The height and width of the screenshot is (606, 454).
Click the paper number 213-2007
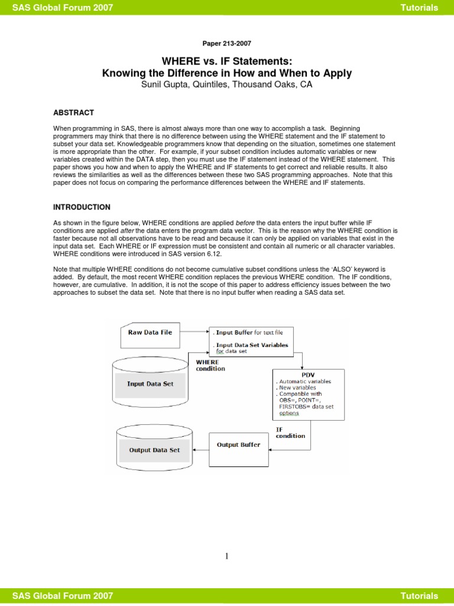pyautogui.click(x=226, y=43)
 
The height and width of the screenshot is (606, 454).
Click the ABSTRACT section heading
pyautogui.click(x=73, y=112)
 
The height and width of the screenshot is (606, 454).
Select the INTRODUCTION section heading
pyautogui.click(x=82, y=207)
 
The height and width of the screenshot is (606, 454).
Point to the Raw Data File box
pyautogui.click(x=150, y=332)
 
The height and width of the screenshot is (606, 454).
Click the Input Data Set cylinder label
pyautogui.click(x=150, y=383)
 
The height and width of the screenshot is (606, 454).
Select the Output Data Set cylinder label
pyautogui.click(x=154, y=450)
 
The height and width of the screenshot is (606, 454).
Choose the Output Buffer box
pyautogui.click(x=238, y=444)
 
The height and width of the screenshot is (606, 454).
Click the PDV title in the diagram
pyautogui.click(x=307, y=375)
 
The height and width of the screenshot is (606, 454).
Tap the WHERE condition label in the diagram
pyautogui.click(x=210, y=365)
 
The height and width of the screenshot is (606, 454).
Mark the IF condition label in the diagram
pyautogui.click(x=290, y=433)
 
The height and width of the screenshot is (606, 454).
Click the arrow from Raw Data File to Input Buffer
pyautogui.click(x=194, y=332)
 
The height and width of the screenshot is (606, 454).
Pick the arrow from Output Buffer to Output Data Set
pyautogui.click(x=202, y=449)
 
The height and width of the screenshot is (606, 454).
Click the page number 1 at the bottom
pyautogui.click(x=226, y=556)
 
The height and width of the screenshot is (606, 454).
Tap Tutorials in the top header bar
pyautogui.click(x=419, y=8)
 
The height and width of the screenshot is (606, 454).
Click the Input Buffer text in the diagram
pyautogui.click(x=235, y=332)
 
